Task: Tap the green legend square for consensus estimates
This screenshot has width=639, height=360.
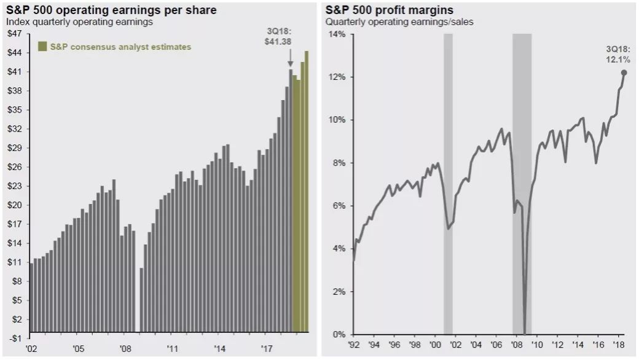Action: coord(42,47)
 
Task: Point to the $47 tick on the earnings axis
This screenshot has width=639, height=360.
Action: coord(14,34)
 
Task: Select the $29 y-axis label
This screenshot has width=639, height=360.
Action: coord(14,148)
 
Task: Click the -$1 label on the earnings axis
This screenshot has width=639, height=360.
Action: coord(14,338)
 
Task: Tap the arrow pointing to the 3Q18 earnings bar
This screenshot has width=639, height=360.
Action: coord(291,60)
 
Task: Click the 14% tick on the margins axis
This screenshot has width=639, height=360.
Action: coord(337,34)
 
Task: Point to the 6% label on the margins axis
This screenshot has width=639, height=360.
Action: coord(339,206)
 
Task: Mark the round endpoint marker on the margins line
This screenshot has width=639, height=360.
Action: coord(624,72)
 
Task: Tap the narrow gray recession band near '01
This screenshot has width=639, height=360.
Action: coord(448,184)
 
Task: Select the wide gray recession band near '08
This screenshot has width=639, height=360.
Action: coord(522,184)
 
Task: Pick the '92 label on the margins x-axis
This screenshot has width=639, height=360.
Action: coord(355,345)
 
